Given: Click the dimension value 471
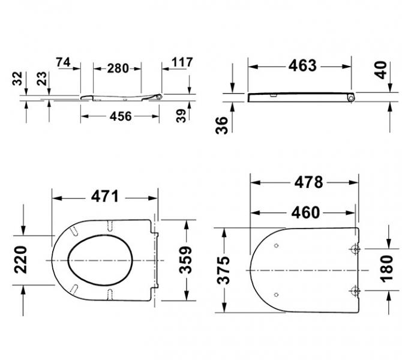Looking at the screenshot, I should click(x=105, y=196).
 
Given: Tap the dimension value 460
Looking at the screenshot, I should click(x=304, y=212).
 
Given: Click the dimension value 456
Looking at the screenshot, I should click(x=120, y=116).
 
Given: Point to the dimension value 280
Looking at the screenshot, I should click(x=118, y=68).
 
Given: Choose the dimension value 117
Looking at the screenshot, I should click(x=181, y=62).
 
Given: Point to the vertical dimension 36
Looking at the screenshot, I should click(x=222, y=125).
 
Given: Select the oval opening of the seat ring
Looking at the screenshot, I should click(x=101, y=260).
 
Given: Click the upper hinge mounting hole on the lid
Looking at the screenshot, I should click(x=355, y=248).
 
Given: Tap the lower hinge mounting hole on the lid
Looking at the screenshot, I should click(x=355, y=292).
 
